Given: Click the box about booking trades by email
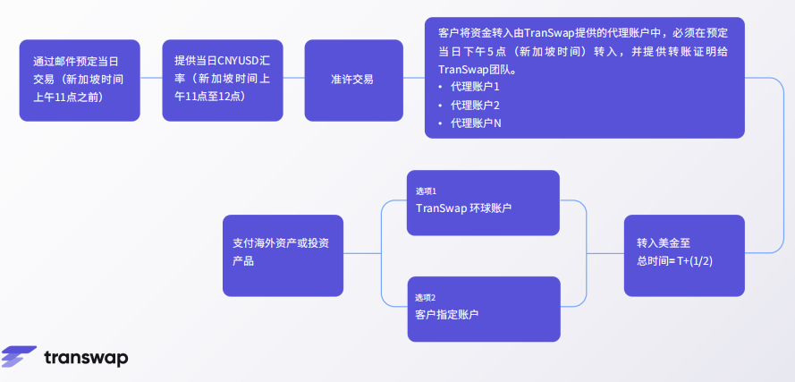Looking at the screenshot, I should pos(80,80).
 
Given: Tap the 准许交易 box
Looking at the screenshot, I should pos(352,80).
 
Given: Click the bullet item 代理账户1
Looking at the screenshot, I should pos(475,87).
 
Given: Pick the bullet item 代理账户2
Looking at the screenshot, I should pos(475,105).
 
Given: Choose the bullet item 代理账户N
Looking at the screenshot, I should pos(476,123).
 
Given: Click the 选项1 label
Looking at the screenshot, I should pos(426,191).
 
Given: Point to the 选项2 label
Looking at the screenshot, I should pos(426,298).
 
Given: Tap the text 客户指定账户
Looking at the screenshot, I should pos(447,315).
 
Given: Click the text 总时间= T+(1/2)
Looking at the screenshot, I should pos(674,260).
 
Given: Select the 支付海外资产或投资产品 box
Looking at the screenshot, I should pos(283,255).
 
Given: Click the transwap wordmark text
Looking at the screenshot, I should pos(86,358).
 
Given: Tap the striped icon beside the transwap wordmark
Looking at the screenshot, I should pos(18,356).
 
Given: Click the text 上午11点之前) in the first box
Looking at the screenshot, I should pos(68,96).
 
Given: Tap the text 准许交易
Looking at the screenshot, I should pos(352,80).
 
